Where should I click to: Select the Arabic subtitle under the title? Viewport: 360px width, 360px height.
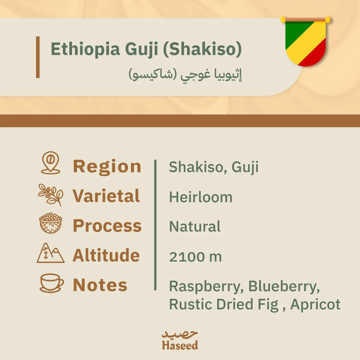(x=186, y=75)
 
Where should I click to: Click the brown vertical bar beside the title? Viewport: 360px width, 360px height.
(x=38, y=57)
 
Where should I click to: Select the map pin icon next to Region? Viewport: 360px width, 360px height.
(x=51, y=163)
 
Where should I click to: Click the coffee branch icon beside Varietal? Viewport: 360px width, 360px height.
(x=51, y=194)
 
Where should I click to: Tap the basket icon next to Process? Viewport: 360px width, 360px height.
(x=51, y=223)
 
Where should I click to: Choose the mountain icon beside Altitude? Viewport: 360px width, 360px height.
(x=51, y=253)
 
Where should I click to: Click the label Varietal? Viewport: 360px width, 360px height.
(x=106, y=196)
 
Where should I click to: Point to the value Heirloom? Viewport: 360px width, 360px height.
(x=201, y=197)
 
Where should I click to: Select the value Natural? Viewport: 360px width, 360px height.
(x=195, y=227)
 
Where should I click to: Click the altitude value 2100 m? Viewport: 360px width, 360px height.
(x=195, y=257)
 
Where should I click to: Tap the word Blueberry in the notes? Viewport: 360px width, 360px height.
(x=284, y=287)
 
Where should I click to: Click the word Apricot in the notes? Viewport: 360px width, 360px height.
(x=315, y=304)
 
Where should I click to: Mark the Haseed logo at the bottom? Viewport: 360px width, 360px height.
(x=180, y=340)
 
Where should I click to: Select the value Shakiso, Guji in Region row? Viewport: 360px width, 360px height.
(x=213, y=167)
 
